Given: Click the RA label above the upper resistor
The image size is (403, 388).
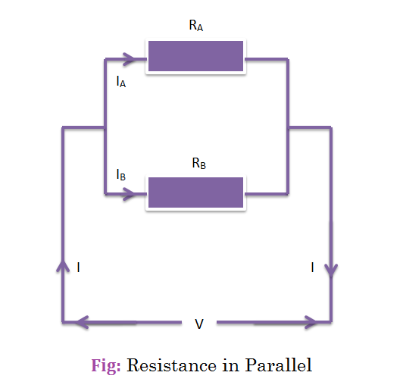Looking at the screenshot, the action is coord(196,26).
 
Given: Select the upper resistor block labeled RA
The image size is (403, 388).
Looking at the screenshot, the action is coord(196,56).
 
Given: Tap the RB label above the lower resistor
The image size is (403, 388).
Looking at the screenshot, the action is coord(199,163).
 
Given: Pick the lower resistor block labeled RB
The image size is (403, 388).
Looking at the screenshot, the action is coord(196,192).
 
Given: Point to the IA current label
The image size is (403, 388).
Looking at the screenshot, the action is coord(121,82).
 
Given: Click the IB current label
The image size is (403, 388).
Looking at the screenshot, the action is coord(121,174).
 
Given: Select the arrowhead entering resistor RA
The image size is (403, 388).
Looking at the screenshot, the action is coord(129,59).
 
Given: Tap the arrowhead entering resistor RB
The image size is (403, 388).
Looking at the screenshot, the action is coord(129,194).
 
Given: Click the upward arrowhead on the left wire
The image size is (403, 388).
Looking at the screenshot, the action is coord(63,266).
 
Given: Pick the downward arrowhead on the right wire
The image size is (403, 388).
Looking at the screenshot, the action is coord(331,271).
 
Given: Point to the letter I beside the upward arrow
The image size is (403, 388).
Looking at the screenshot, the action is coord(78,268).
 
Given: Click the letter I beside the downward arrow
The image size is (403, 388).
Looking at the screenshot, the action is coord(312,268).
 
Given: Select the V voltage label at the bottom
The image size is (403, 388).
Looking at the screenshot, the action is coord(199,324).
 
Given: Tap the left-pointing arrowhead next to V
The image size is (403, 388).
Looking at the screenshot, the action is coord(83,322).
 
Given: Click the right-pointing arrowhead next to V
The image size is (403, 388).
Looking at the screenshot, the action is coord(311,322).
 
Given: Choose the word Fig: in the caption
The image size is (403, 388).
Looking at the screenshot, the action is coord(106,365).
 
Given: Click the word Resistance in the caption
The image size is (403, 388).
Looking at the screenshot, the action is coord(172,365).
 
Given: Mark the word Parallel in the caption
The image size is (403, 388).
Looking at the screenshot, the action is coord(279,365).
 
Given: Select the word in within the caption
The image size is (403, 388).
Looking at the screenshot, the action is coord(231,365).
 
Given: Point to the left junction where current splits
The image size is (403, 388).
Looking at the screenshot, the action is coord(105,127).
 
